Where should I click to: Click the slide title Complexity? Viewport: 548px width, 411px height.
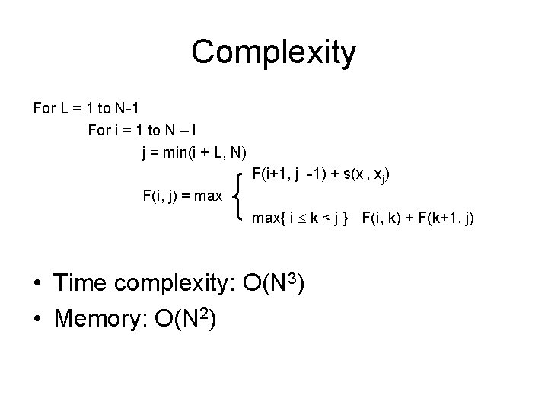(x=273, y=52)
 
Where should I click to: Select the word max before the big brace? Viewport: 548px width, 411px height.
(x=207, y=196)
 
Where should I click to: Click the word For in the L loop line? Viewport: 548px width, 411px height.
(x=45, y=107)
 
